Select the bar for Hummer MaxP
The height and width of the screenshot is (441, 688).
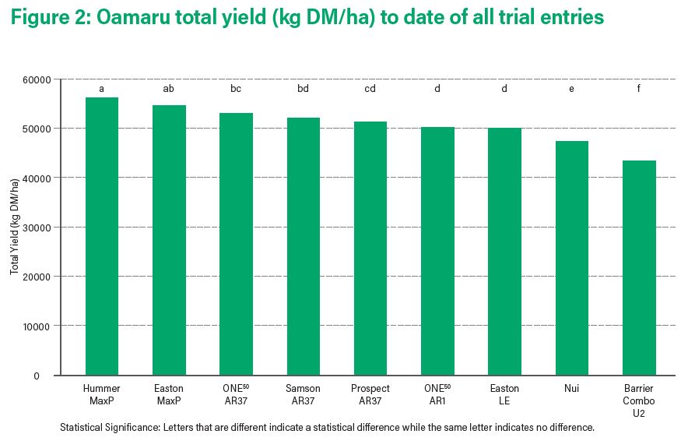point(102,236)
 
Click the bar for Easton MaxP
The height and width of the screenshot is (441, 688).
point(169,240)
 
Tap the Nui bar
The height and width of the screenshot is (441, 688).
point(572,258)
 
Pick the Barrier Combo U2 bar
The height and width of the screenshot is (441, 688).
point(639,268)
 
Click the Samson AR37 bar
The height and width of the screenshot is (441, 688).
point(304,246)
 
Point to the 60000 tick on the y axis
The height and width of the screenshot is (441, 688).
point(37,80)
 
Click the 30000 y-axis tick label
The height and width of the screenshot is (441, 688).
point(37,228)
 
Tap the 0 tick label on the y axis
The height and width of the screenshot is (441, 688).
point(37,376)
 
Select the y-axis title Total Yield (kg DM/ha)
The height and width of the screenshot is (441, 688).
point(15,227)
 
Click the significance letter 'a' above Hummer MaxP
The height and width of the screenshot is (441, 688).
point(101,89)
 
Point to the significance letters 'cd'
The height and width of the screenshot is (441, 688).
point(370,89)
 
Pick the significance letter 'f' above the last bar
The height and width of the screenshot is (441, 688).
point(639,88)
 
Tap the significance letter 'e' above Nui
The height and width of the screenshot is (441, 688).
point(571,89)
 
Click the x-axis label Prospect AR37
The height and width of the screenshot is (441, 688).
point(370,394)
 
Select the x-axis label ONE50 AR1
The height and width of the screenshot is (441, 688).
point(437,394)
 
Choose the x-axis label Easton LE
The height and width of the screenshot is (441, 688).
point(504,394)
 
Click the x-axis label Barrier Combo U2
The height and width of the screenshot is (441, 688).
point(639,400)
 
